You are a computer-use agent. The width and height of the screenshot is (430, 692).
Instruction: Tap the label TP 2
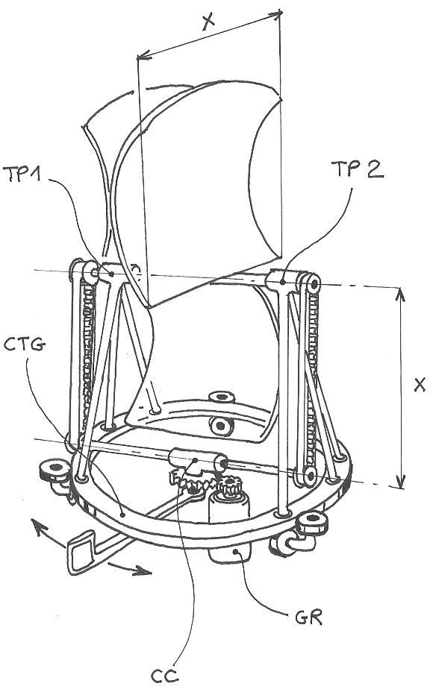tap(358, 169)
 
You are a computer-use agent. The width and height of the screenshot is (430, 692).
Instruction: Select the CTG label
tap(25, 344)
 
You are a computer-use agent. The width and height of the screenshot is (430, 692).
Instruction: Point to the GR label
tap(308, 617)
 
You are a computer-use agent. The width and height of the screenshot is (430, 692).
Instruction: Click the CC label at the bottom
tap(164, 676)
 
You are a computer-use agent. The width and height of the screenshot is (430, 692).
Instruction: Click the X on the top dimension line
tap(208, 22)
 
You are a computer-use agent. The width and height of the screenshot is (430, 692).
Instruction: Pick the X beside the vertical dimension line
tap(420, 385)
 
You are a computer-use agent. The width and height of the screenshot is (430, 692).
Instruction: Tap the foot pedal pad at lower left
tap(81, 552)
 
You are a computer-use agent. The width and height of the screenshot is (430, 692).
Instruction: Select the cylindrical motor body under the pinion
tap(229, 510)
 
